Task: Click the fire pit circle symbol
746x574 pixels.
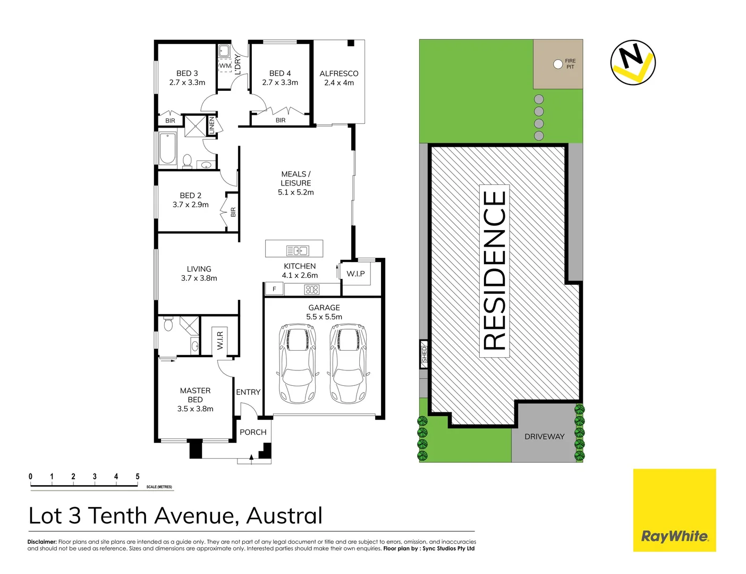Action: [558, 64]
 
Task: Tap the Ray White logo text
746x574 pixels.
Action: [674, 536]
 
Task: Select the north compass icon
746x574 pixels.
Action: [633, 63]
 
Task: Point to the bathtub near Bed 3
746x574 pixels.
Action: [168, 148]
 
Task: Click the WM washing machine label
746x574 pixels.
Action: [225, 66]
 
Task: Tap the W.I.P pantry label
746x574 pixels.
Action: [355, 274]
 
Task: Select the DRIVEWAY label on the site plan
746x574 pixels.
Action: [544, 436]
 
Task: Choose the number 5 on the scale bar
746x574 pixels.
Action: [137, 477]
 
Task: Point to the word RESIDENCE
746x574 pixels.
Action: [495, 271]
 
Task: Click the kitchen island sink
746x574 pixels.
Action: [298, 250]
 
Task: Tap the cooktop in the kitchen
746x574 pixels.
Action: [312, 290]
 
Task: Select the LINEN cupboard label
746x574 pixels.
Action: [211, 125]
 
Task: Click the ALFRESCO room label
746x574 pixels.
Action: [339, 73]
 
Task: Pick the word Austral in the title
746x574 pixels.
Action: [284, 516]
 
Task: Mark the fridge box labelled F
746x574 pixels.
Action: [274, 289]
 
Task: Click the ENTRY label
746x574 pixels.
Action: [248, 392]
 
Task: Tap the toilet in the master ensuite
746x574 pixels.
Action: [168, 324]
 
